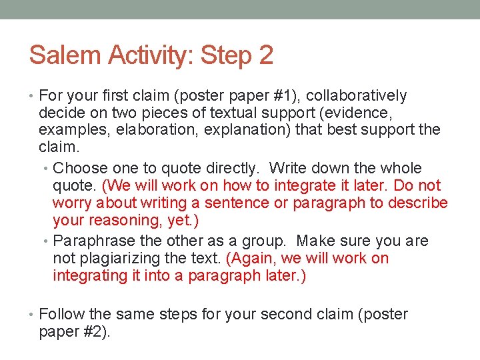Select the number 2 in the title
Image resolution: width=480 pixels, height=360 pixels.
click(x=265, y=55)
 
